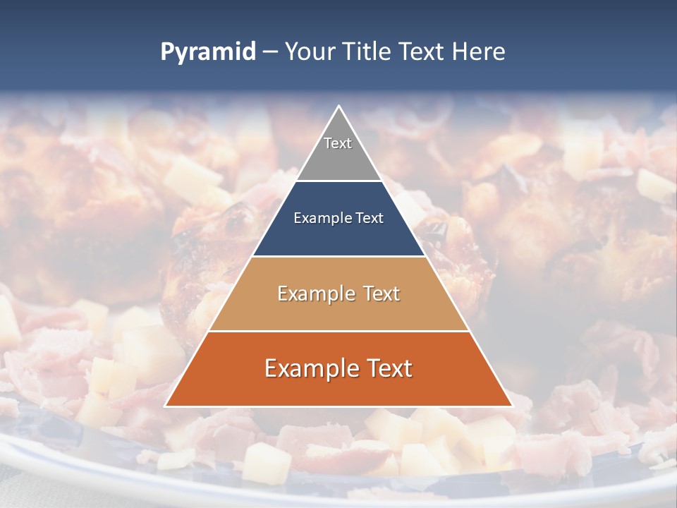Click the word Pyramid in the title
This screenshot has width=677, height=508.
click(208, 52)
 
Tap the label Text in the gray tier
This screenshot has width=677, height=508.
click(338, 143)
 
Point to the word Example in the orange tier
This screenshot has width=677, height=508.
click(307, 368)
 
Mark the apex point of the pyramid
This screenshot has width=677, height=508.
click(338, 107)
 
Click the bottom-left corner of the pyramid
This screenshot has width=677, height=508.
click(166, 406)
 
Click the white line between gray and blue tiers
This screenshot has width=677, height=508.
click(338, 181)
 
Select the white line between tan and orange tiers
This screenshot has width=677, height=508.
click(338, 331)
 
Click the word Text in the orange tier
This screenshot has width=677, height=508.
click(387, 368)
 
